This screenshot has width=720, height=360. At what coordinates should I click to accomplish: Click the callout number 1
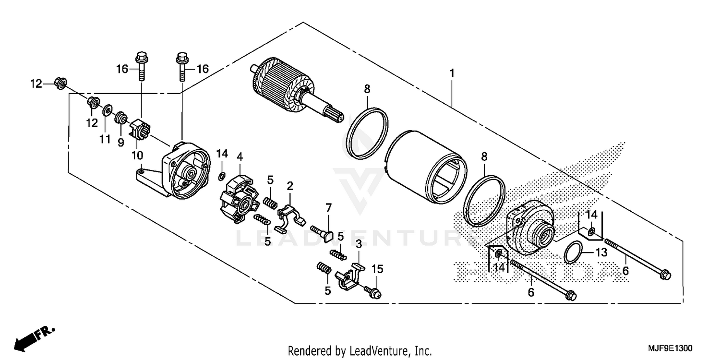pyautogui.click(x=452, y=73)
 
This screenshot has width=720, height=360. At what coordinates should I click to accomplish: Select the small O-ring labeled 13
pyautogui.click(x=574, y=253)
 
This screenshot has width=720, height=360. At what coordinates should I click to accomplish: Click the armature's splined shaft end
pyautogui.click(x=334, y=117)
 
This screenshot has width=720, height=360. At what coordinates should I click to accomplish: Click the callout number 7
pyautogui.click(x=328, y=208)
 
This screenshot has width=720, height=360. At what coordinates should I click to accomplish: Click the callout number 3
pyautogui.click(x=358, y=244)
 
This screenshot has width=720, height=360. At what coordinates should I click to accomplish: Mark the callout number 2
pyautogui.click(x=290, y=185)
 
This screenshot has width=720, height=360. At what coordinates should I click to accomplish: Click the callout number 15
pyautogui.click(x=378, y=269)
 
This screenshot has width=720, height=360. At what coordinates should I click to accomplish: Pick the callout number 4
pyautogui.click(x=240, y=156)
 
